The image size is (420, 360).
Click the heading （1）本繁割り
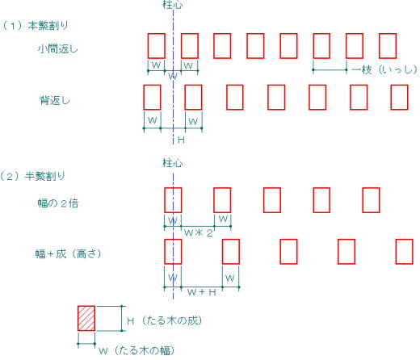click(35, 26)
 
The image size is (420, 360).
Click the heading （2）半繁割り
click(32, 176)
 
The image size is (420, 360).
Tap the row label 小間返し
click(57, 49)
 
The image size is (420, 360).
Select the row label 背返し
click(55, 100)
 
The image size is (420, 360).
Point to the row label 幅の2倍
click(58, 203)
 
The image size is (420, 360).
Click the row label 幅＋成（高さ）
click(68, 254)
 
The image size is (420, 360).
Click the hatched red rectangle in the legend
click(86, 318)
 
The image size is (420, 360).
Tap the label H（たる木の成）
click(165, 320)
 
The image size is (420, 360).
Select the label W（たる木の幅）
click(136, 350)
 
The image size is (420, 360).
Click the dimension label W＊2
click(199, 232)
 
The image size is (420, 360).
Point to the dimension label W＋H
click(202, 292)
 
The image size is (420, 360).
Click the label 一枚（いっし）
click(384, 69)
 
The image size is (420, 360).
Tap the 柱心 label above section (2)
click(173, 163)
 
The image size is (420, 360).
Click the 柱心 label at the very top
click(173, 5)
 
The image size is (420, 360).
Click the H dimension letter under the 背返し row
click(181, 140)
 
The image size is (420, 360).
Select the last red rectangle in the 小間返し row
click(388, 46)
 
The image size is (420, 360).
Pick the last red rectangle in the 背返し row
click(400, 97)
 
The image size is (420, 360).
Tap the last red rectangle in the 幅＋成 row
click(405, 252)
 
